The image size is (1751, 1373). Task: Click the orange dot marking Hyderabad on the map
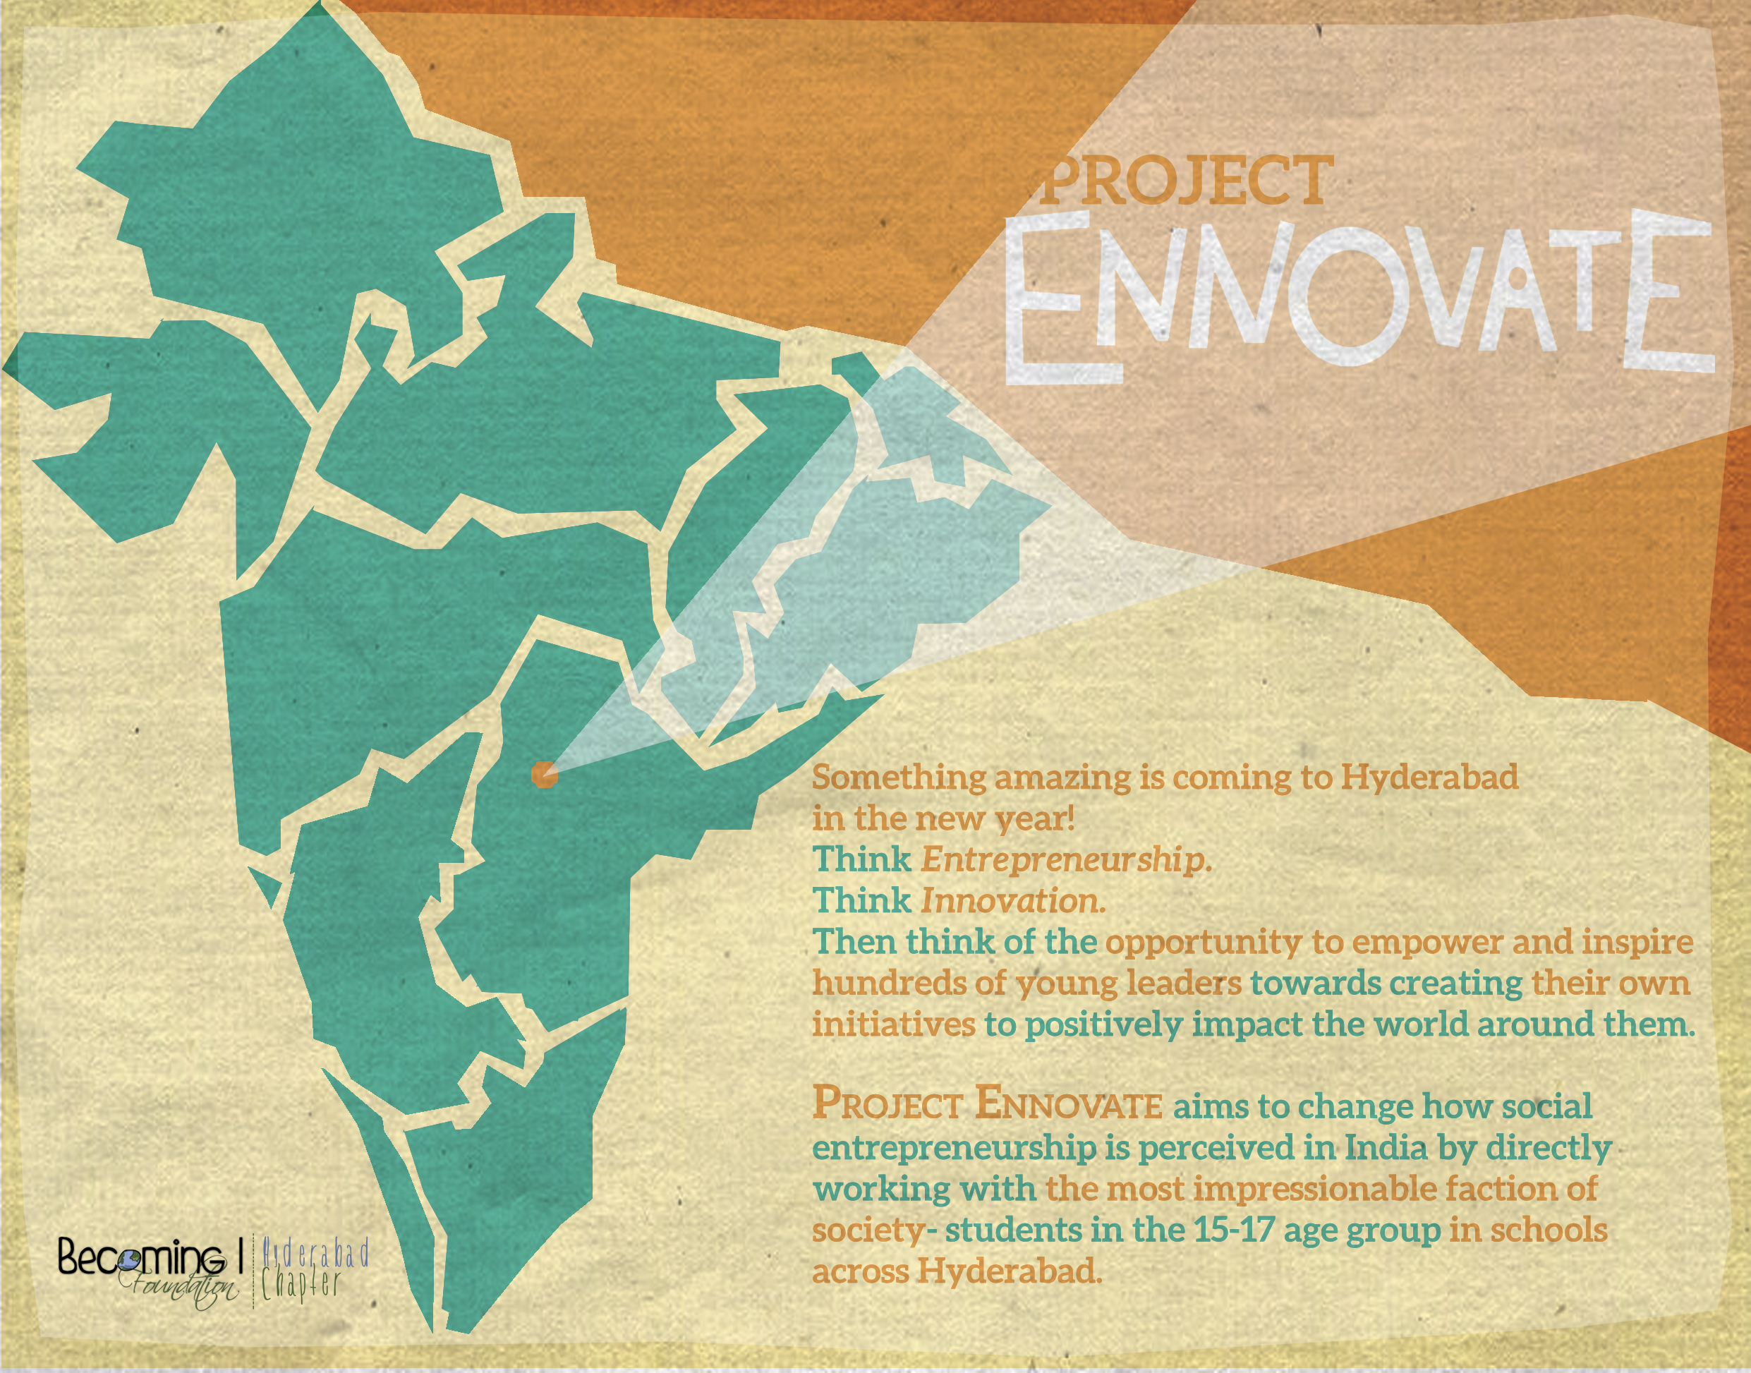coord(543,775)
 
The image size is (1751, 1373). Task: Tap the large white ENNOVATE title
coord(1358,296)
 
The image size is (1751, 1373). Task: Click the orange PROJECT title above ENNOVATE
coord(1184,180)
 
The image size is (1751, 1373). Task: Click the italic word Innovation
coord(1013,901)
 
